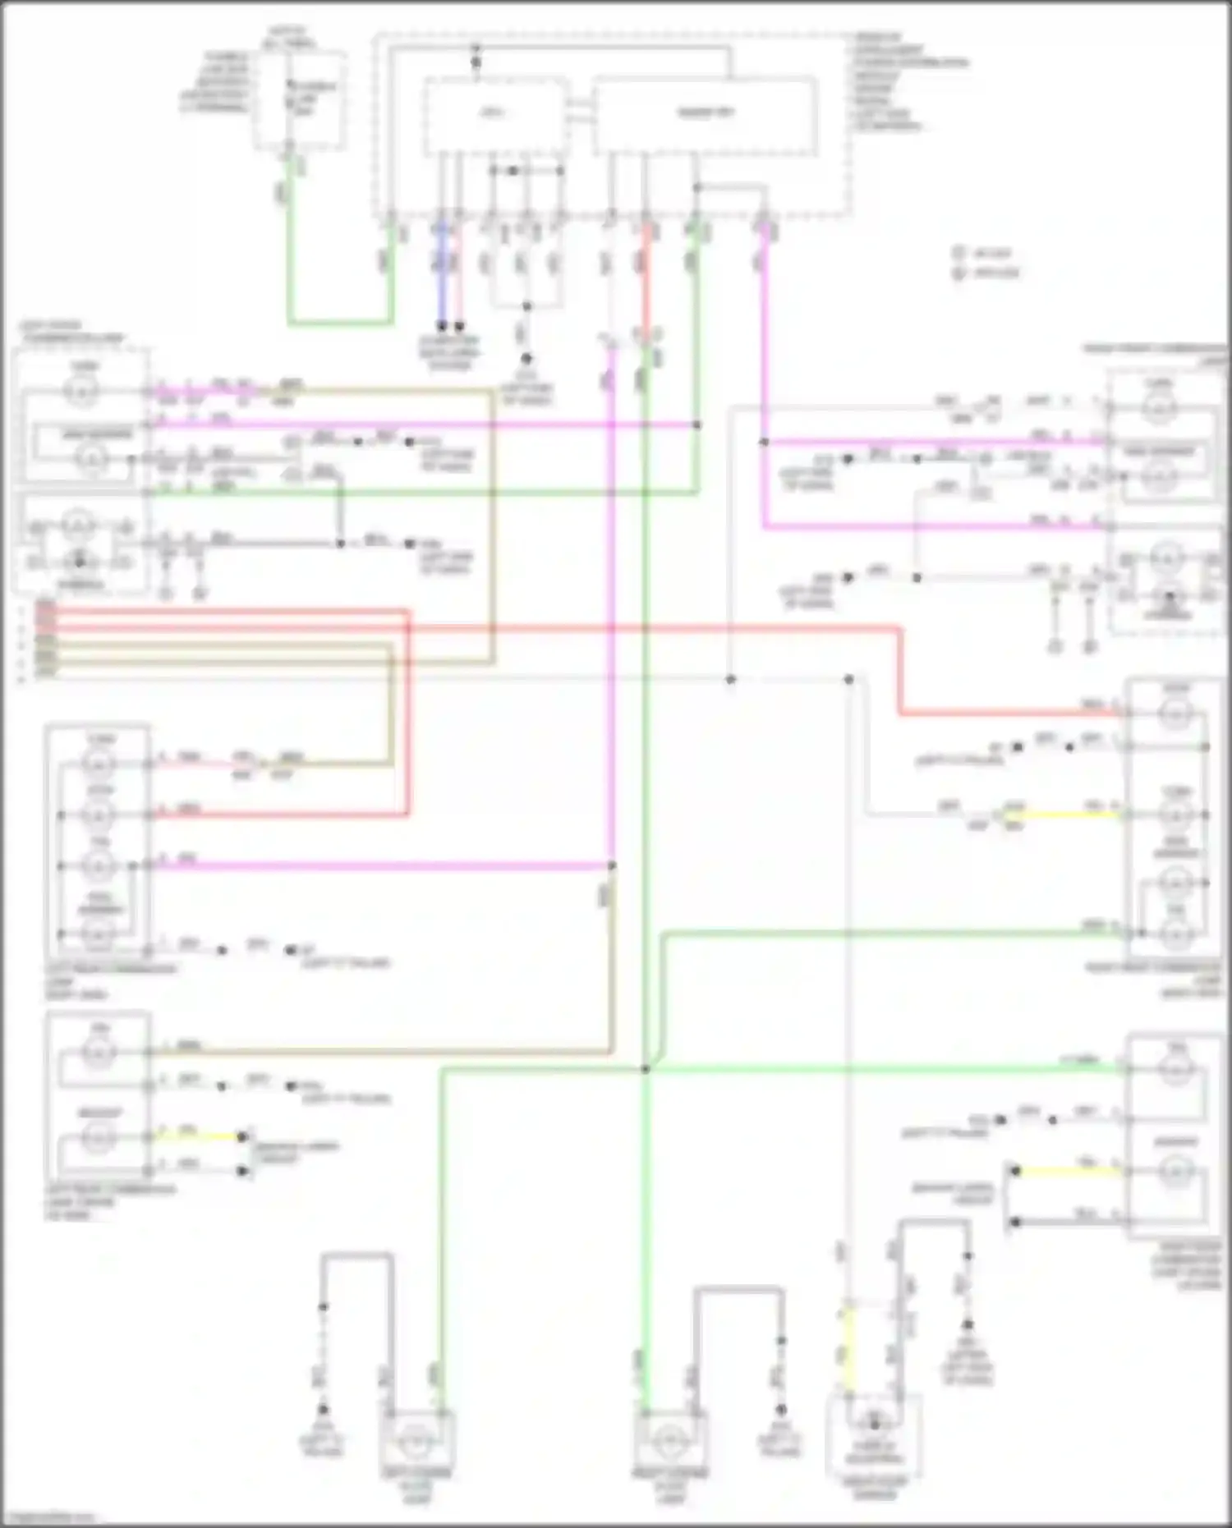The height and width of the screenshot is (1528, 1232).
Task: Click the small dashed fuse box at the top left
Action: click(299, 100)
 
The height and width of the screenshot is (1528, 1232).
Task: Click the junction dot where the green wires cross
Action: click(646, 1069)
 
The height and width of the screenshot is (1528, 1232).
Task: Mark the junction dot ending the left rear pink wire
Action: click(612, 865)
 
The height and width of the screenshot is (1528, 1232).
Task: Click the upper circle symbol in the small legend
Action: click(958, 254)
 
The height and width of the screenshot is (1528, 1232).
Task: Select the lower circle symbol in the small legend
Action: click(958, 273)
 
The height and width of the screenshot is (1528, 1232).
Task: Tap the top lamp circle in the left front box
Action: click(81, 392)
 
